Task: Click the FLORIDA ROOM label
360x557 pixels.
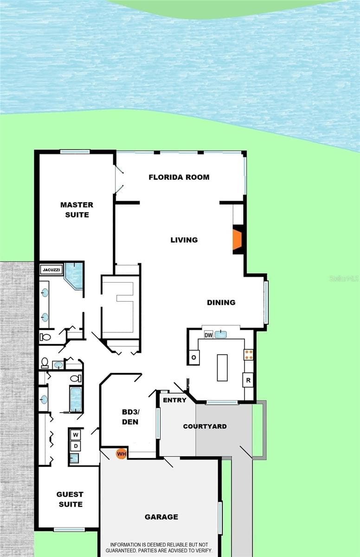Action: tap(179, 177)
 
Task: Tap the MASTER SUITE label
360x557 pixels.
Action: tap(77, 210)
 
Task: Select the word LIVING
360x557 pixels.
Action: tap(184, 240)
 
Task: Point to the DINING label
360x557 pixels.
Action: tap(221, 302)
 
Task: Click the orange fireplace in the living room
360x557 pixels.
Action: tap(237, 240)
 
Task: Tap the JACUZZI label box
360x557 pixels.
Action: tap(51, 270)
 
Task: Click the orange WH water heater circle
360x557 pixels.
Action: tap(121, 454)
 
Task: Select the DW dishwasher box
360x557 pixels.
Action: tap(208, 335)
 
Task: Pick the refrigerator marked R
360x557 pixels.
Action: tap(248, 380)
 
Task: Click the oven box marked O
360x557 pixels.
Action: tap(194, 357)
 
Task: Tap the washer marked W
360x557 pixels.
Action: tap(76, 434)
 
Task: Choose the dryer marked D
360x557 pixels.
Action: tap(76, 446)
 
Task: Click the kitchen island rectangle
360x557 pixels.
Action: tap(222, 368)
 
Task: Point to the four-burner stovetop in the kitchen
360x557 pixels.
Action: tap(249, 355)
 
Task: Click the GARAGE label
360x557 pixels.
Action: tap(161, 517)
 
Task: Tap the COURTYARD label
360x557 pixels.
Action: tap(205, 426)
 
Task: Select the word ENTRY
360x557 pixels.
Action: tap(174, 400)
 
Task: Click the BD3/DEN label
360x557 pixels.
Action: tap(130, 417)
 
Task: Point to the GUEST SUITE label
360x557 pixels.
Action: tap(70, 499)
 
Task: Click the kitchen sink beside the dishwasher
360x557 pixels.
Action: tap(221, 335)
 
